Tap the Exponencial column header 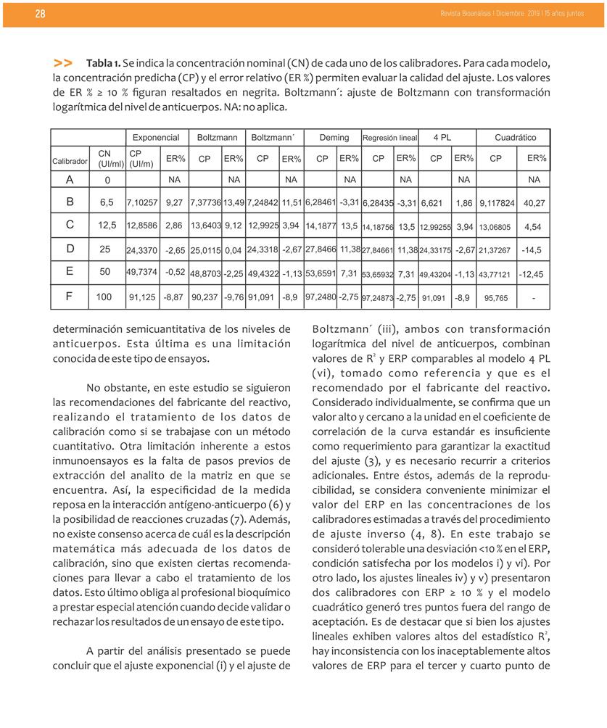[155, 137]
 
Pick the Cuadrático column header [515, 137]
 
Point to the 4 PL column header [442, 137]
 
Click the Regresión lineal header [389, 138]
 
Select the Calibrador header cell [70, 160]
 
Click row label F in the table [70, 297]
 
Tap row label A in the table [70, 179]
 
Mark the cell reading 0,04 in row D [233, 249]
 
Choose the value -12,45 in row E [534, 274]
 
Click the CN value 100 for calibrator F [104, 297]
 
